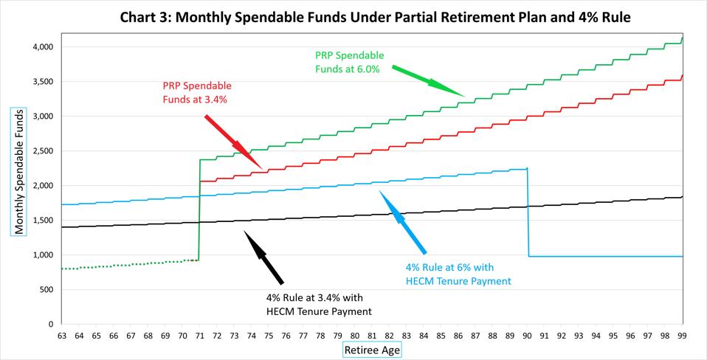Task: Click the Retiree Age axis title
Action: (x=372, y=350)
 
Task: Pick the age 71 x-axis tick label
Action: (x=199, y=335)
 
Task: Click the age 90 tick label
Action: (x=528, y=335)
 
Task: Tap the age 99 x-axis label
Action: (x=683, y=335)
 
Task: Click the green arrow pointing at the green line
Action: (x=427, y=81)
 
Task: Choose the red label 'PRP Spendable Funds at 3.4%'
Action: (x=196, y=92)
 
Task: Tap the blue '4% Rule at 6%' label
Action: (x=458, y=273)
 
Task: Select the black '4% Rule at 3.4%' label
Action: (x=318, y=305)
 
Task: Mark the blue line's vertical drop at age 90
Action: (x=528, y=214)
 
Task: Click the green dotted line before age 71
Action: (x=125, y=264)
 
